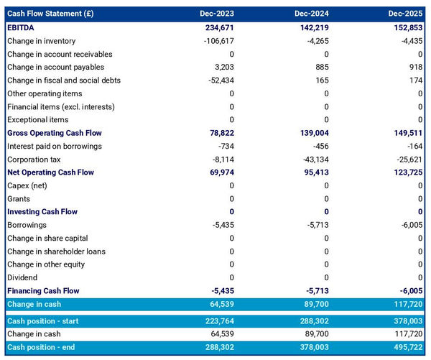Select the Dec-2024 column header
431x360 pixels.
tap(312, 14)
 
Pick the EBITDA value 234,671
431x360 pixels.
tap(217, 27)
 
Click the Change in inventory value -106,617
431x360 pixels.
tap(215, 41)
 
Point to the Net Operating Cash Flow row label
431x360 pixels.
tap(50, 172)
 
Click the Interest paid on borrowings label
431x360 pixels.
tap(54, 146)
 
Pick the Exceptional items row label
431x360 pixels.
tap(37, 120)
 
